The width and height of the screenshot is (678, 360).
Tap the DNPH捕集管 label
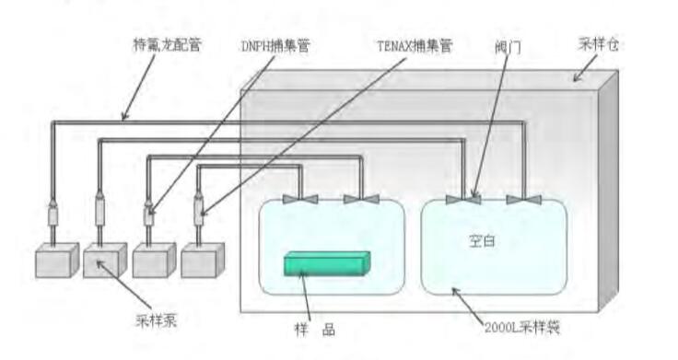274,44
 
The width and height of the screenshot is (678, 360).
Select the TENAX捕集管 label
414,44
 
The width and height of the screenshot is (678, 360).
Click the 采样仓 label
596,44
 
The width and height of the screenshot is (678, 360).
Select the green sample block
327,263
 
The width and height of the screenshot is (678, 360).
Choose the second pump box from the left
105,261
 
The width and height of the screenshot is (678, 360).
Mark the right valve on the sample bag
360,199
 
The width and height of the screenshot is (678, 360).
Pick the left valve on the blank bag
463,199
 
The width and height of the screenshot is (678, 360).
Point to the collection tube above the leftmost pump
53,217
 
